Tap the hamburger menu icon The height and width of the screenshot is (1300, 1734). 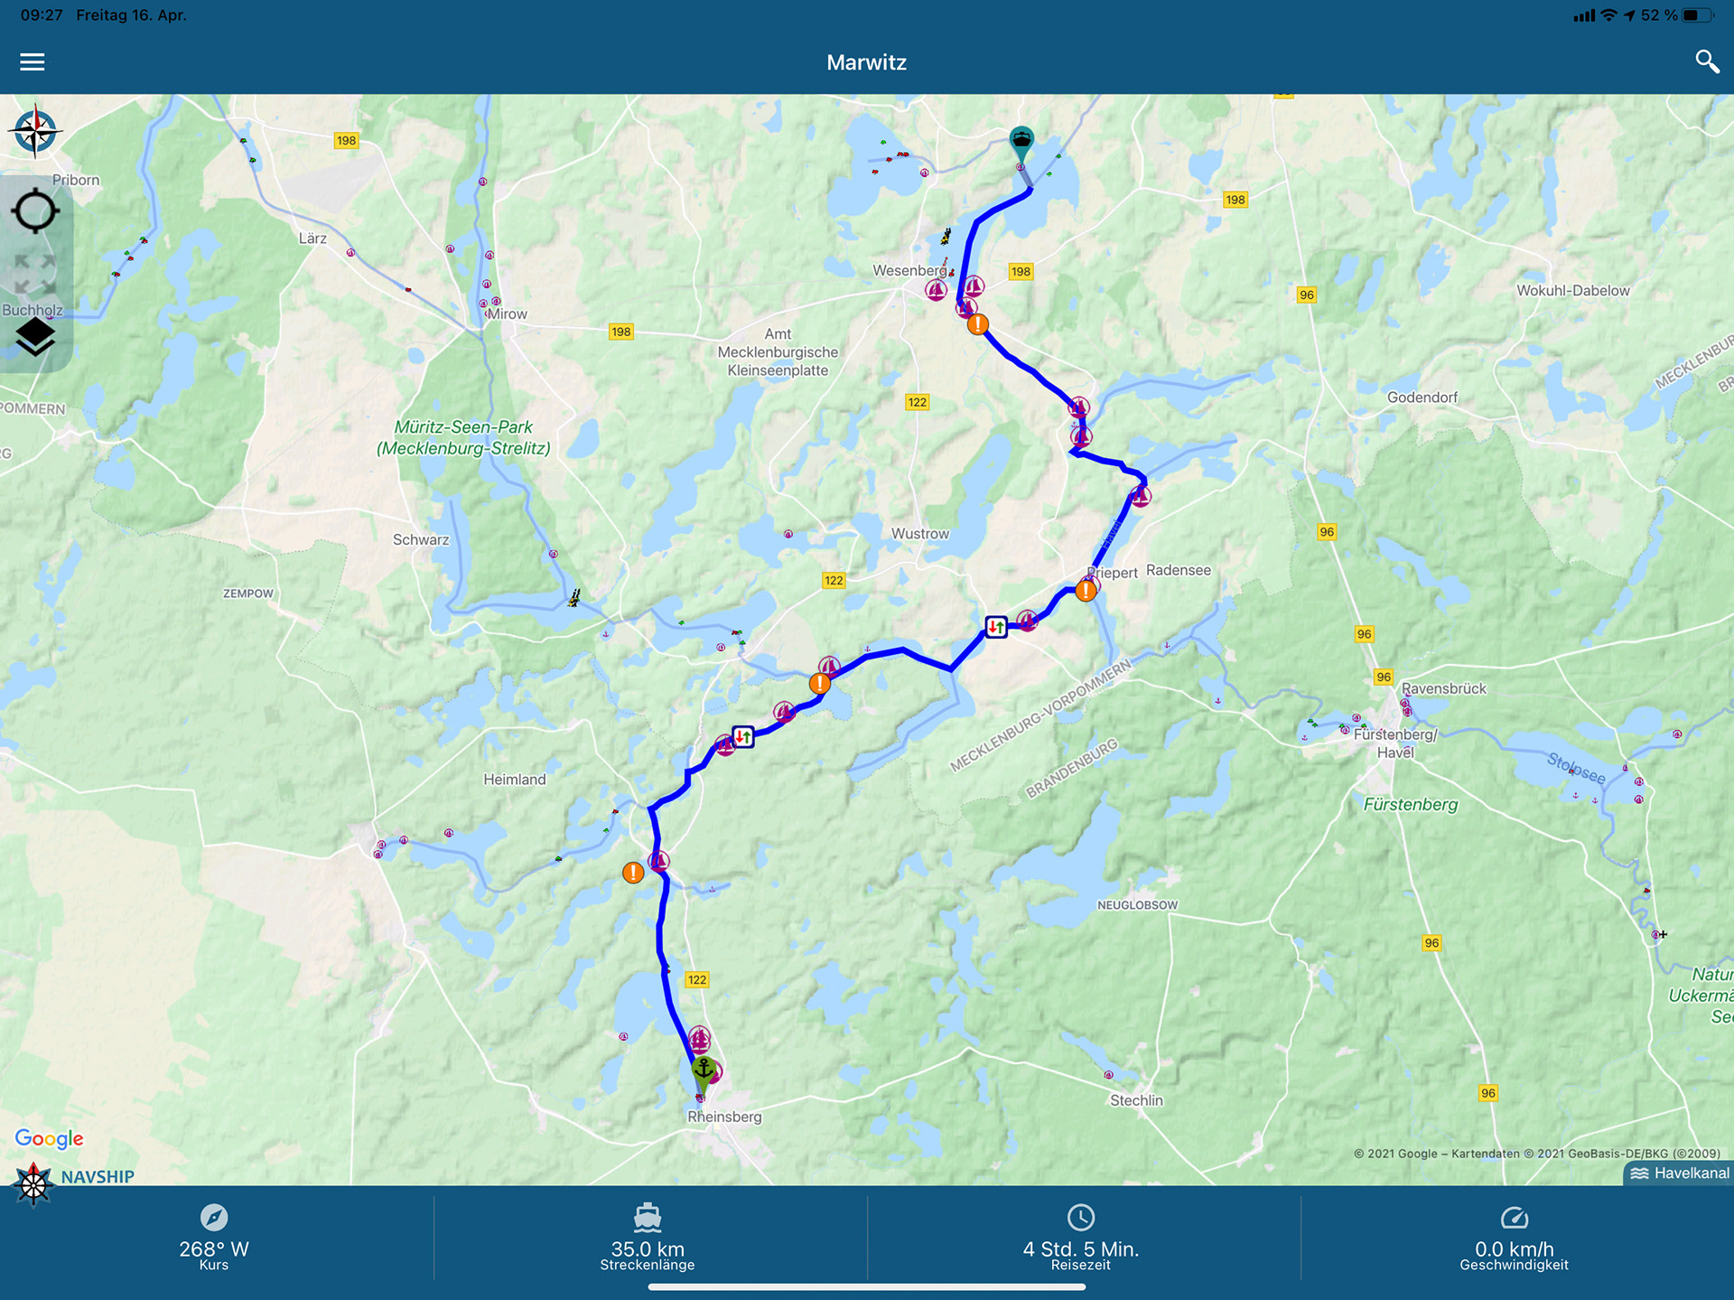[33, 61]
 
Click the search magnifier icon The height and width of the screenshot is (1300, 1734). [1706, 61]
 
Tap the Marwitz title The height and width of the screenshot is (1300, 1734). [866, 62]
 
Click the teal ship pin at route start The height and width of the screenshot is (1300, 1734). [1021, 141]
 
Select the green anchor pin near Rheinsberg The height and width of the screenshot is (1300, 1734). [704, 1071]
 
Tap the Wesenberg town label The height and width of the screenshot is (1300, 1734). [909, 270]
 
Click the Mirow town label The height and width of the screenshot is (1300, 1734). [507, 314]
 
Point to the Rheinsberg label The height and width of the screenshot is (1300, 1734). [724, 1117]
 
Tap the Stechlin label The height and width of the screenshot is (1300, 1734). [1136, 1100]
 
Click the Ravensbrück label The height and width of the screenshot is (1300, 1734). [1443, 688]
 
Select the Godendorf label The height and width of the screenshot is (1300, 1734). [1422, 397]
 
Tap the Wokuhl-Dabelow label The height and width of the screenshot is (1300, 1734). [1572, 291]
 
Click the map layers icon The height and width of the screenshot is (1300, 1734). [35, 337]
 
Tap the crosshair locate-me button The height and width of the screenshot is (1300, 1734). [35, 211]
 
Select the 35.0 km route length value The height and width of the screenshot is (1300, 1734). [648, 1249]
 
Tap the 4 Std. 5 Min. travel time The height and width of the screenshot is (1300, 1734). [1080, 1249]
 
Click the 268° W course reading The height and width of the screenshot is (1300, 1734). [214, 1249]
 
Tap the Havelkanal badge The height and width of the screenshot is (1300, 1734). [1680, 1174]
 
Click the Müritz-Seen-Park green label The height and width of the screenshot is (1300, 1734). [463, 437]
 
